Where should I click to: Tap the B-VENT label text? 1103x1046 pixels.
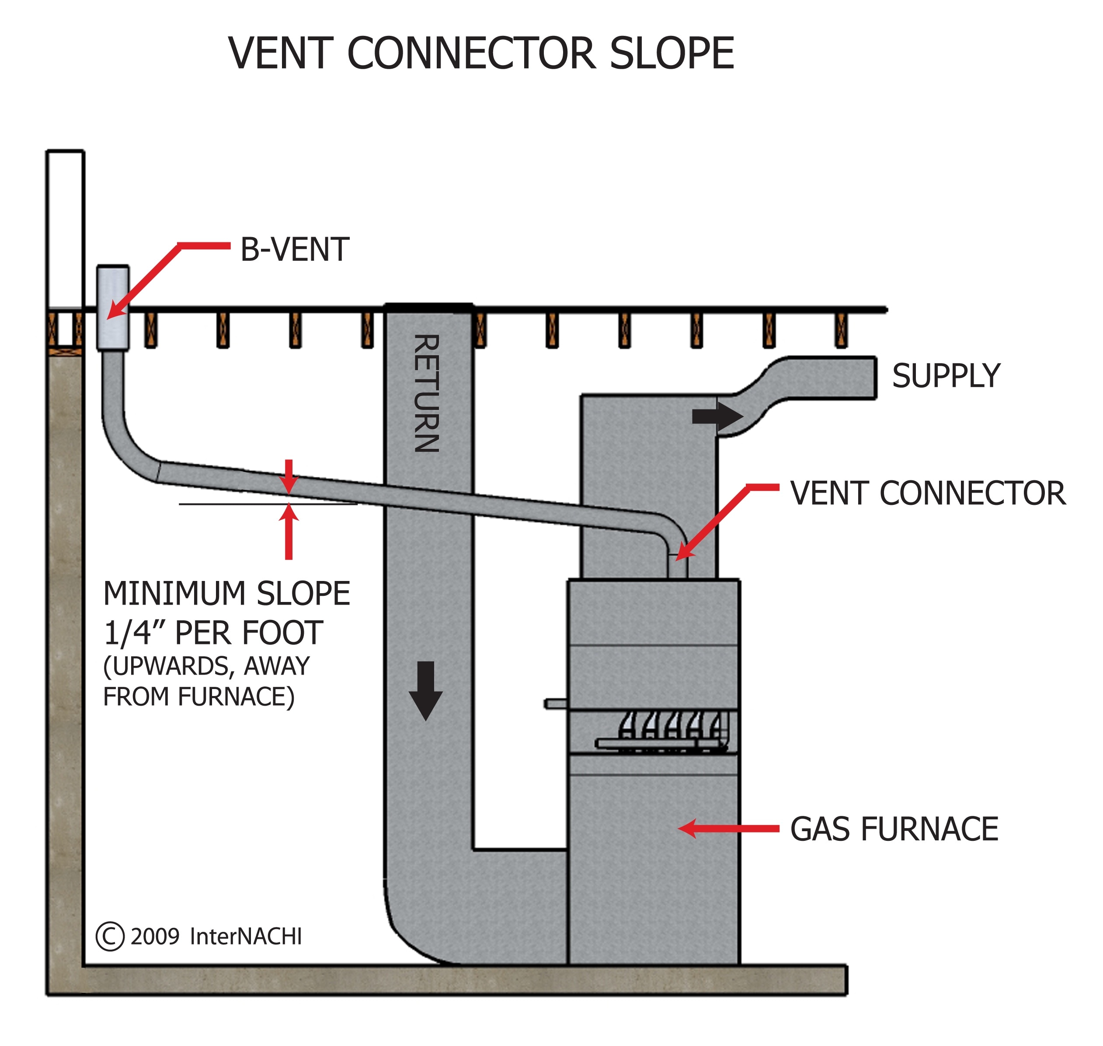(295, 249)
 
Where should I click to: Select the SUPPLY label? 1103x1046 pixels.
(946, 376)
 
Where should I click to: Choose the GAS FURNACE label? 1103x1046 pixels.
(894, 829)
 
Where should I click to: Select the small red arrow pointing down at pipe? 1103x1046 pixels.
(289, 477)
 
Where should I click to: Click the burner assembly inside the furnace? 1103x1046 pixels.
(668, 731)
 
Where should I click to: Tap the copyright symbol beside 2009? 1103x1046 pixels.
(110, 937)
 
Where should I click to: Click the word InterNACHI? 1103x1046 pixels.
(246, 937)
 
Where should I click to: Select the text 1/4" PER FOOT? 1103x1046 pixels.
(213, 633)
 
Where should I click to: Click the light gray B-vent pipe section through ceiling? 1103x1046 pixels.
(113, 308)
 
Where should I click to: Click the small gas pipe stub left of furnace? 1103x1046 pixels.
(555, 704)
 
